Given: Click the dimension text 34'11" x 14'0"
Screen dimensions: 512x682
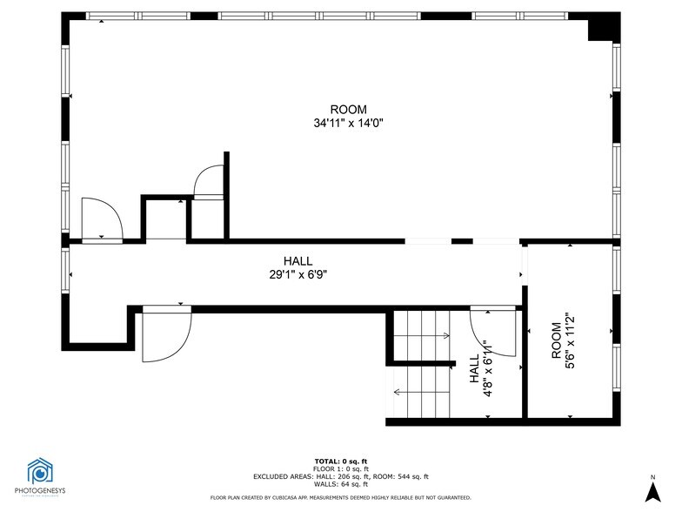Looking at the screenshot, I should tap(348, 124).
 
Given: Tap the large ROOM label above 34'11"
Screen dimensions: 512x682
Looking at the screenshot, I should tap(348, 110).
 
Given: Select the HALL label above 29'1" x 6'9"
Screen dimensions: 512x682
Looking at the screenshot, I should tap(298, 261).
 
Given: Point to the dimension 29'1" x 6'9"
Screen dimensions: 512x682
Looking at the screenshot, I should tap(298, 274).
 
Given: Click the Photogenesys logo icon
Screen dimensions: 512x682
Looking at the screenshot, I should tap(40, 471).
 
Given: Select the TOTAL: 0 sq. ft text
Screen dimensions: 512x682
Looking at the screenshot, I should tap(341, 461).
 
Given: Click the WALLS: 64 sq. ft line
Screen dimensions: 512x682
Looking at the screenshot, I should tap(341, 484).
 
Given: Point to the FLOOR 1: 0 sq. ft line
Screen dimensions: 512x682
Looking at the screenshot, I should tap(341, 468).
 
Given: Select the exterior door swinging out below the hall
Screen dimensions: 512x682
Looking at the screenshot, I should tap(165, 336).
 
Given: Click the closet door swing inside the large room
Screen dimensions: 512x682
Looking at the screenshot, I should tap(209, 184).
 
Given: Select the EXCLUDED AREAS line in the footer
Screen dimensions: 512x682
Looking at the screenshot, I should tap(341, 476).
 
